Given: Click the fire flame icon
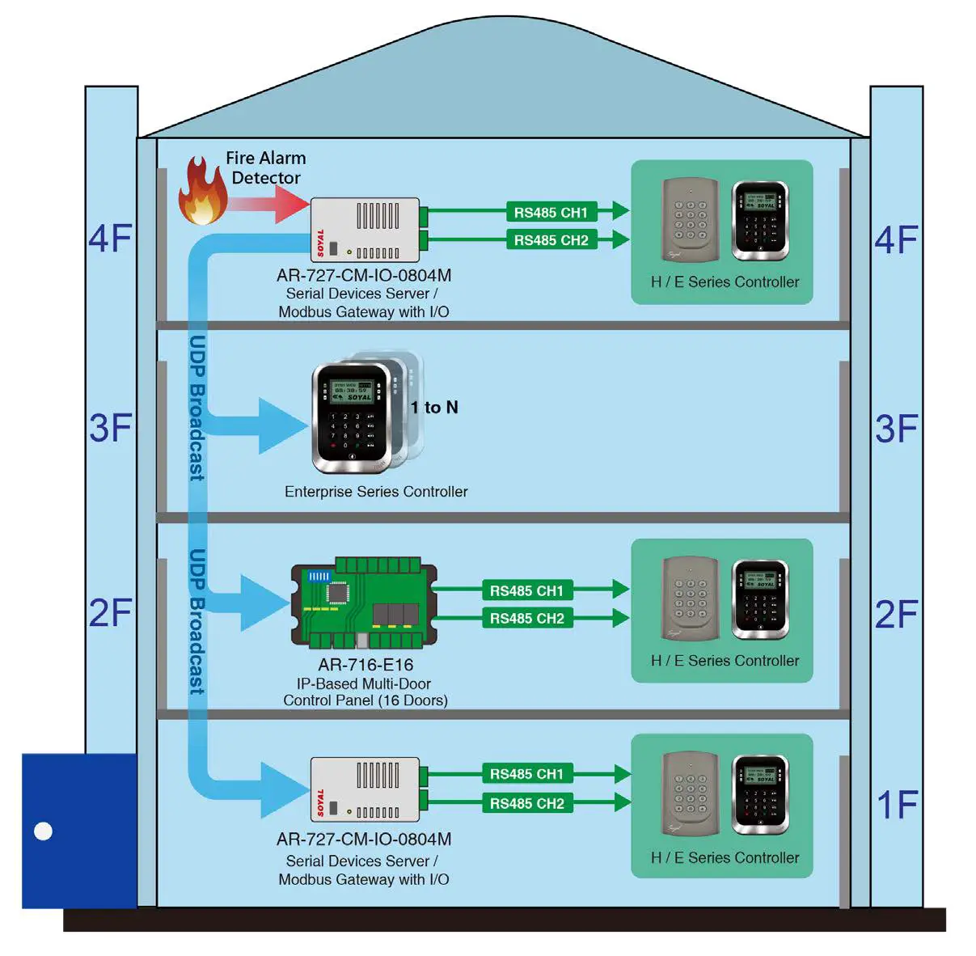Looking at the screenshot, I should point(202,192).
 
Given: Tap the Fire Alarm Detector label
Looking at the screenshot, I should point(265,167).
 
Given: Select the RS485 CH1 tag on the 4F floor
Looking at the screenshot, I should point(551,212).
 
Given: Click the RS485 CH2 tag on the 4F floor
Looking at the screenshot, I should point(551,240).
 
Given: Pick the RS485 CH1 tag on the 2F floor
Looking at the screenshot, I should point(526,590).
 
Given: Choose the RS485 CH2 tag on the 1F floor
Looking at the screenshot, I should point(526,803).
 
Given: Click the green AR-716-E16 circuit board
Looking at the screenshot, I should point(364,603).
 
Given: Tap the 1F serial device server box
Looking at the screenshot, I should point(365,789).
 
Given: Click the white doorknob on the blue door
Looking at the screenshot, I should point(44,831).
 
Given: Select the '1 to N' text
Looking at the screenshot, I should point(434,408).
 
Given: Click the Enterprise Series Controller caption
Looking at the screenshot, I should point(376,492).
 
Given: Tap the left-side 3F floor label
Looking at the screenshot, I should point(111,428).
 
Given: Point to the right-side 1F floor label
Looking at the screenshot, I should point(897,805).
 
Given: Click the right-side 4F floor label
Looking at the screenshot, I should point(897,240).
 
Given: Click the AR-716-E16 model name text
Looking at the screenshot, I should point(365,665).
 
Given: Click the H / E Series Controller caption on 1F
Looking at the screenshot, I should point(725,858).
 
